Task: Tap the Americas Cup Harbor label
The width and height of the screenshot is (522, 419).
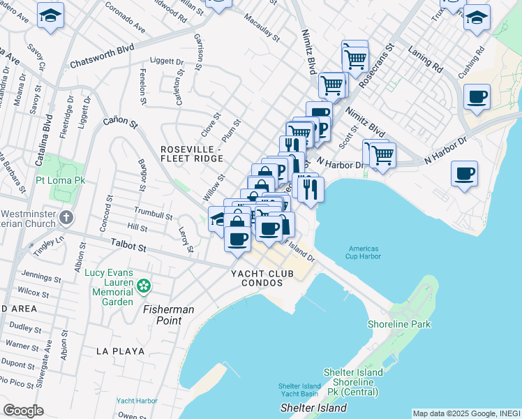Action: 363,252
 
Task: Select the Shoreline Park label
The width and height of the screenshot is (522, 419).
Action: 400,324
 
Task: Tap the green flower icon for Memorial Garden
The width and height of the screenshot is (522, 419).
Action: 144,286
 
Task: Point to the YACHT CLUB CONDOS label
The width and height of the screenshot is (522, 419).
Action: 258,278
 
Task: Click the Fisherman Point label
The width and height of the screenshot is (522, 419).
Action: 169,314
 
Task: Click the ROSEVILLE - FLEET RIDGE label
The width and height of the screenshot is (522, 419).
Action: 192,154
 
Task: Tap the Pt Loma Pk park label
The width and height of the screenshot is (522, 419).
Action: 60,180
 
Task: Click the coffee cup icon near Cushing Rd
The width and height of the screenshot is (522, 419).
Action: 477,97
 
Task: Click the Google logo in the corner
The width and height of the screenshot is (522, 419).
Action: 23,411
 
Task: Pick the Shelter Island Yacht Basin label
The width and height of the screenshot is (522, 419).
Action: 299,390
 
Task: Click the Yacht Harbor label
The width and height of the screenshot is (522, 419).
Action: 137,401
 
